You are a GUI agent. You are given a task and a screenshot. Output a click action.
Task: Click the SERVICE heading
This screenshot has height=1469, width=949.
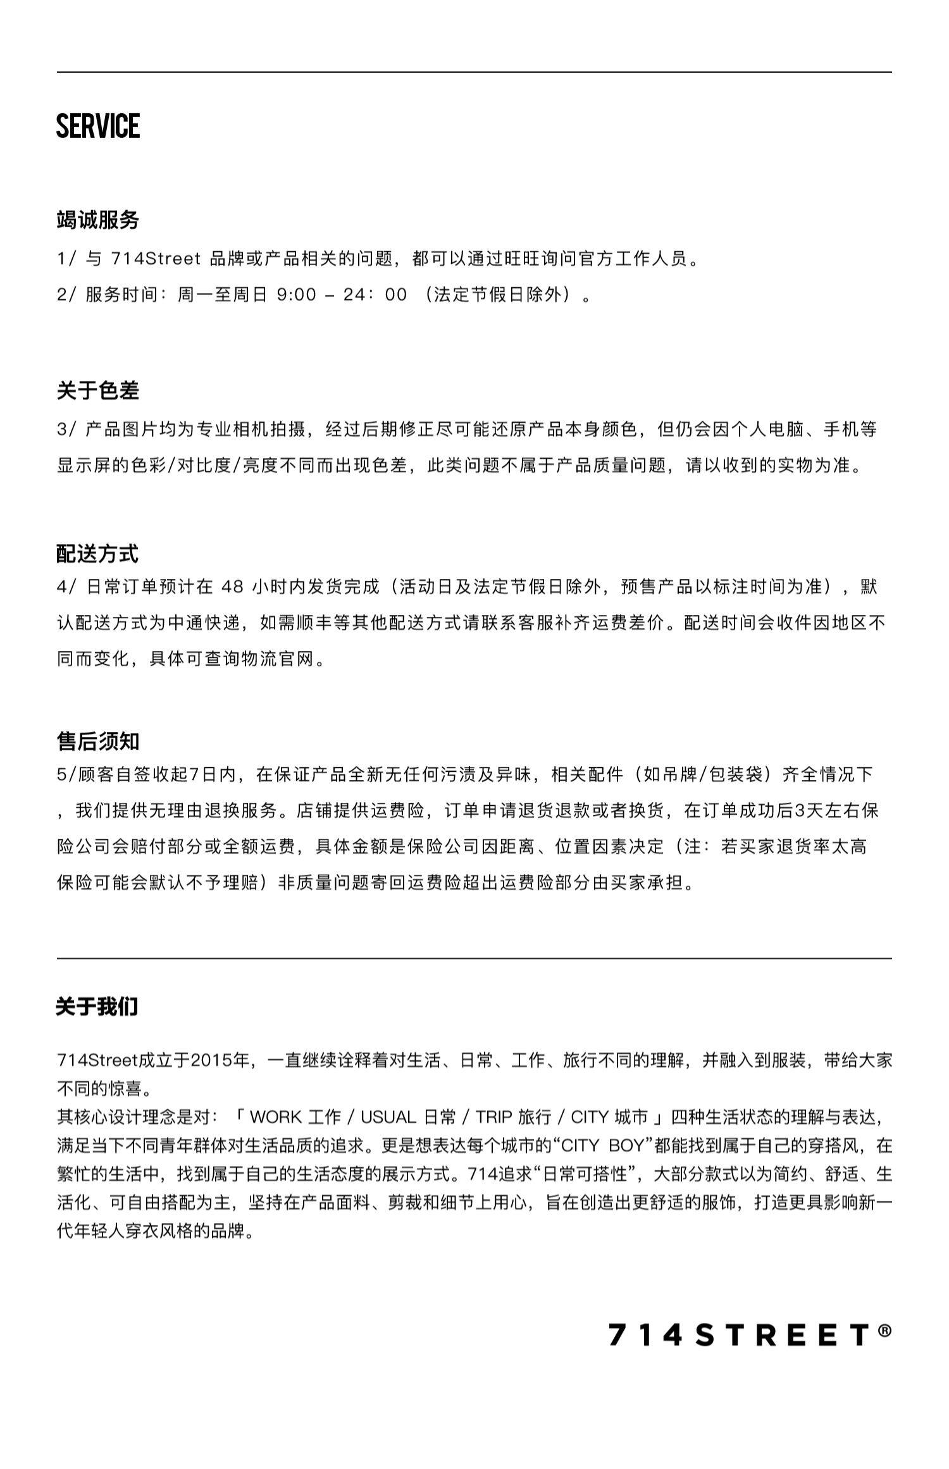[98, 126]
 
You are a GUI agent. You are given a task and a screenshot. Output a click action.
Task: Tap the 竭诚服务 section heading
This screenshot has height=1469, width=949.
[98, 220]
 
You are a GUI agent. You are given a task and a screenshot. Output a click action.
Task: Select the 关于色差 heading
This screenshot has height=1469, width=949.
[98, 391]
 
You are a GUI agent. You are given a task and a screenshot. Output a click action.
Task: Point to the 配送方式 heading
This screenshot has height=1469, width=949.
[97, 554]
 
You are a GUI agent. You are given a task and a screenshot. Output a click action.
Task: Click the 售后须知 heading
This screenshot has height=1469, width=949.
[98, 741]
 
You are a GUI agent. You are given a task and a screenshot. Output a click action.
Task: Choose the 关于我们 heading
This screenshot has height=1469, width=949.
[97, 1007]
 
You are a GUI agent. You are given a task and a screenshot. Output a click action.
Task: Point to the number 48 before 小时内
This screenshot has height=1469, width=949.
[232, 587]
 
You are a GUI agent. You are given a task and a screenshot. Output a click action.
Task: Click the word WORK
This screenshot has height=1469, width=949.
[276, 1117]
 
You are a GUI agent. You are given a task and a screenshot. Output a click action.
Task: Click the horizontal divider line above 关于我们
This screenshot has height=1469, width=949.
[475, 958]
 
